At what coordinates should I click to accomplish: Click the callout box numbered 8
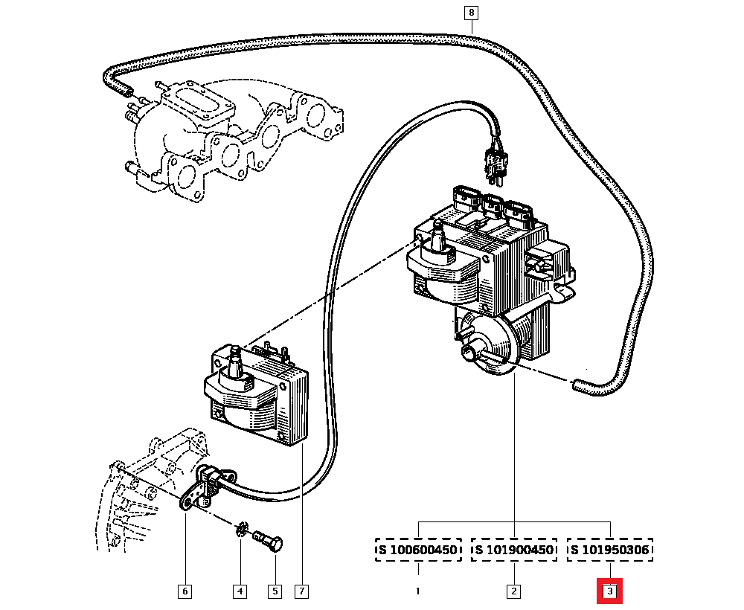tap(471, 13)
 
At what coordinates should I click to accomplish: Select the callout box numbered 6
tap(185, 592)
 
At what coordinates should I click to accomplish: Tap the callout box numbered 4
tap(239, 592)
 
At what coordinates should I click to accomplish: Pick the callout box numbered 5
tap(275, 592)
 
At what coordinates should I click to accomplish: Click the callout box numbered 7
tap(301, 592)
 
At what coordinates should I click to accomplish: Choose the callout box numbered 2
tap(513, 592)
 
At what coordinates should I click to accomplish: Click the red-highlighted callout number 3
tap(609, 592)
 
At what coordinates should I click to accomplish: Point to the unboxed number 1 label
tap(418, 592)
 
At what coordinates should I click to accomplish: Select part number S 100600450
tap(418, 550)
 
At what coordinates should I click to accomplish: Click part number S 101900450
tap(514, 550)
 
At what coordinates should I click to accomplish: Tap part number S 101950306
tap(610, 550)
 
